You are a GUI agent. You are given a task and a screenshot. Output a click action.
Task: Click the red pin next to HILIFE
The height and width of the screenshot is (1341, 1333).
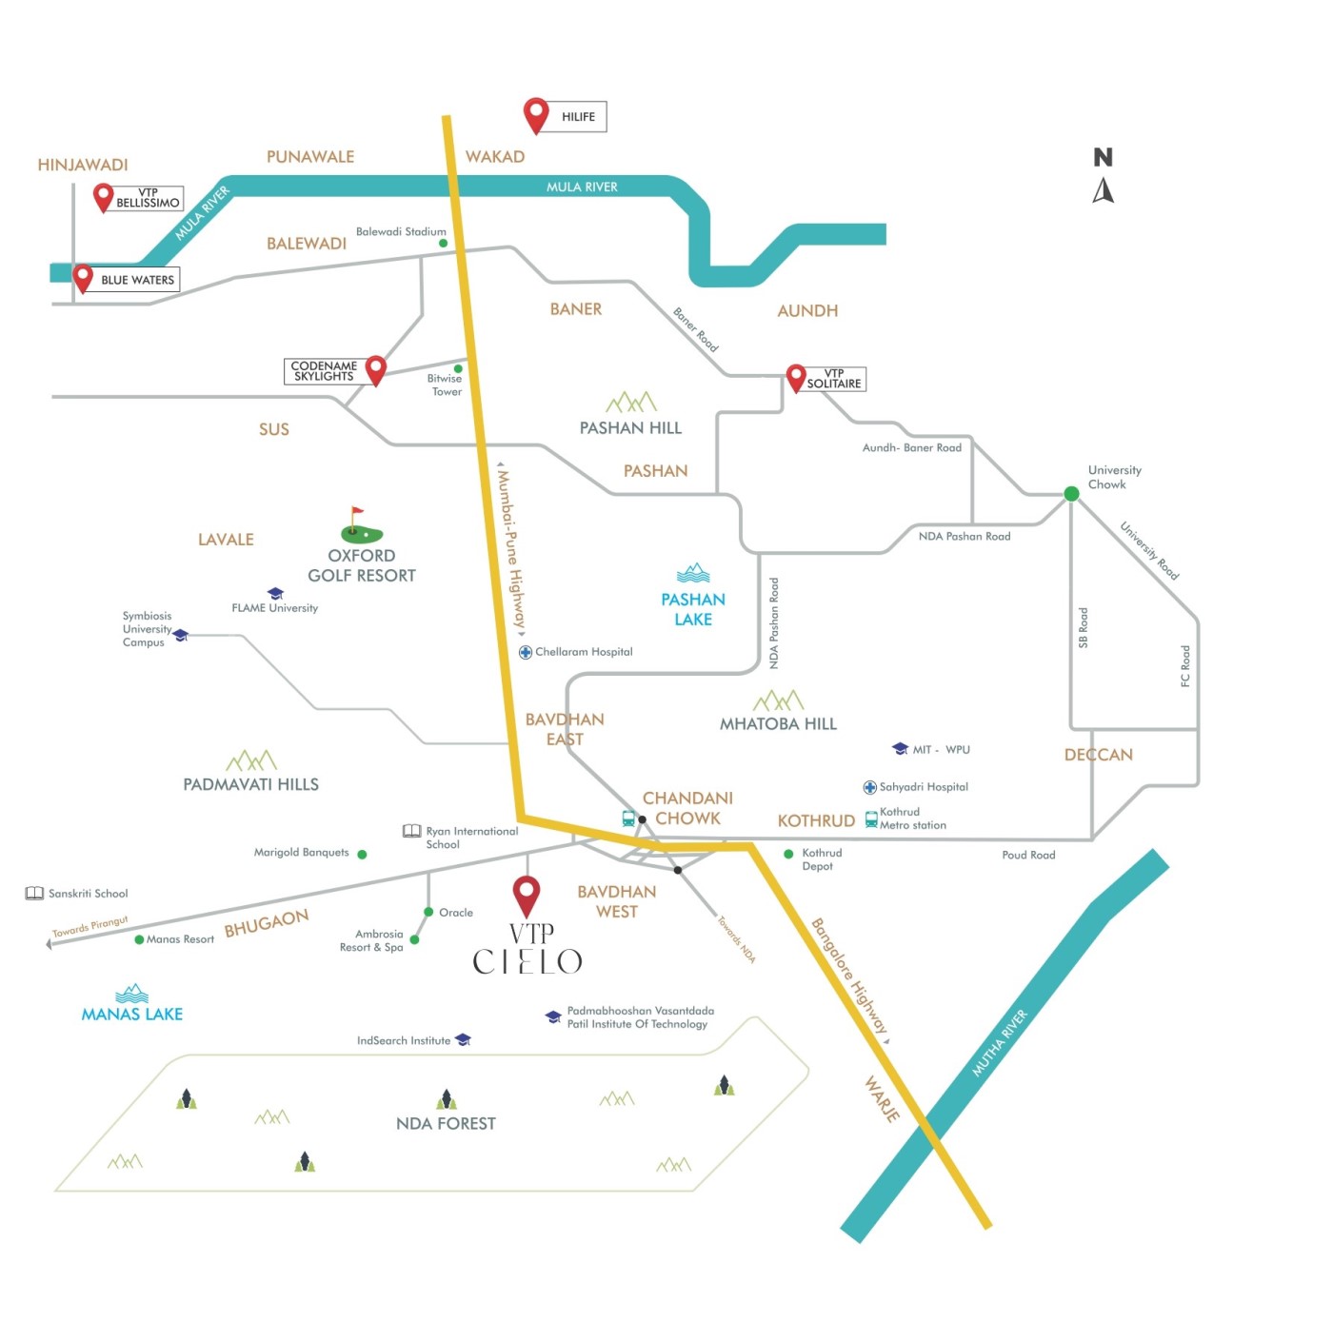point(535,114)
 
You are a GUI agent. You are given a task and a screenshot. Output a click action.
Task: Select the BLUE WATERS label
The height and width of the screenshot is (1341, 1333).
point(137,279)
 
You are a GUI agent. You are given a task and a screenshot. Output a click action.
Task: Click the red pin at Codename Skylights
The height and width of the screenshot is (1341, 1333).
point(375,369)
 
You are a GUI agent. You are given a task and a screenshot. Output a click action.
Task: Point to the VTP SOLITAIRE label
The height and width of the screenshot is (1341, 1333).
point(833,379)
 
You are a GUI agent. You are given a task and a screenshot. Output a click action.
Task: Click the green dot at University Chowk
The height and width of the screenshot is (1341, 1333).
point(1071,493)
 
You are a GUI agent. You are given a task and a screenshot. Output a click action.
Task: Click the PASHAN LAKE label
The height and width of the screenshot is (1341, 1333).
point(693,609)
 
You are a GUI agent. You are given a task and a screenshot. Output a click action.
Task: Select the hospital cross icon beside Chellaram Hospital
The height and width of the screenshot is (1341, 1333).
point(526,652)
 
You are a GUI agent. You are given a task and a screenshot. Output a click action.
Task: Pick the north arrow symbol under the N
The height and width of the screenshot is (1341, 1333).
point(1103,190)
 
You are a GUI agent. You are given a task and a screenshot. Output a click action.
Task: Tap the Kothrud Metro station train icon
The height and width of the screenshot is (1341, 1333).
point(870,819)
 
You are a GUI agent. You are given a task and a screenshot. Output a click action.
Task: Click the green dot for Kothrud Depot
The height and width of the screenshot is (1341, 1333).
point(788,854)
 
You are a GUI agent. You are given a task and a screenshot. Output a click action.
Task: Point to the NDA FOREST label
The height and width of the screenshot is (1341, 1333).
point(446,1123)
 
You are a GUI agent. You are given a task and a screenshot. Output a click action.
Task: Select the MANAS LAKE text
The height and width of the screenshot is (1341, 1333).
point(132,1014)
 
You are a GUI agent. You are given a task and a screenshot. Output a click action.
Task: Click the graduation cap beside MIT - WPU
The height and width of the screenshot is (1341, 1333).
point(900,749)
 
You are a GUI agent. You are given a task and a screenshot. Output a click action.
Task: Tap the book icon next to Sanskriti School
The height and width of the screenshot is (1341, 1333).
point(34,893)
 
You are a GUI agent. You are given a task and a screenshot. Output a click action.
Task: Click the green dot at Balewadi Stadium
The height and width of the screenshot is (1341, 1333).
point(443,243)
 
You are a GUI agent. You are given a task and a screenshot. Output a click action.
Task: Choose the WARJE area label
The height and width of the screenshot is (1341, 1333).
point(882,1099)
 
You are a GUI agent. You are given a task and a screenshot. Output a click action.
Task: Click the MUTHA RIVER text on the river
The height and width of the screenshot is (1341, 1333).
point(1000,1042)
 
